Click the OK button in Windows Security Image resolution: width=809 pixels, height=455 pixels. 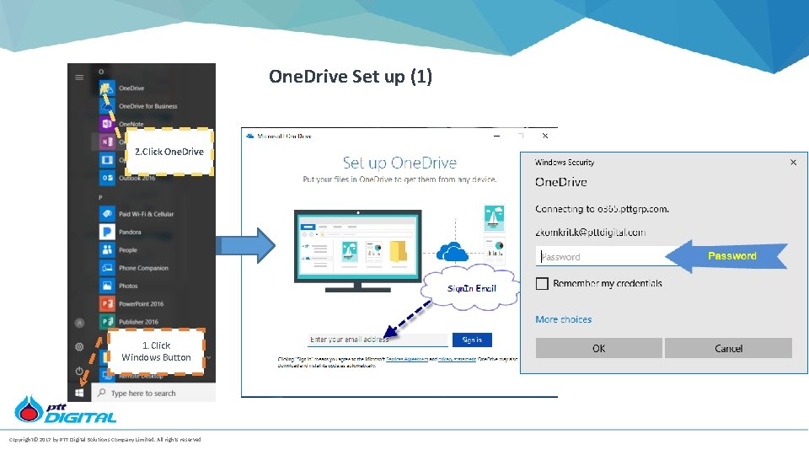[598, 348]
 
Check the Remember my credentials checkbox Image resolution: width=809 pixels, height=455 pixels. [542, 284]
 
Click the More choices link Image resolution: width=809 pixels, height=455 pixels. [563, 319]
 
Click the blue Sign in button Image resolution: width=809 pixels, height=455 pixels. [472, 340]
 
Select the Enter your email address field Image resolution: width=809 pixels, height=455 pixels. [378, 340]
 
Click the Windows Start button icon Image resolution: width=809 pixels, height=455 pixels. [80, 393]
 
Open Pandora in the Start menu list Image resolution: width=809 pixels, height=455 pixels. [130, 232]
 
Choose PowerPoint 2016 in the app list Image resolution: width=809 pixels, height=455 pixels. [141, 303]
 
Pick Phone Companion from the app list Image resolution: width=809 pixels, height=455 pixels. [143, 268]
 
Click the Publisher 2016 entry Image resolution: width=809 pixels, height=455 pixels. [138, 322]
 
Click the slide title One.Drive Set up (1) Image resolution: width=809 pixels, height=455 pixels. [351, 77]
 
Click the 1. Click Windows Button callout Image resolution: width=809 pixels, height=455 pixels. [156, 351]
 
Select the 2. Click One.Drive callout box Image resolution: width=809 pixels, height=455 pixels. [169, 152]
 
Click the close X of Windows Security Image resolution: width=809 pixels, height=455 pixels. [793, 162]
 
